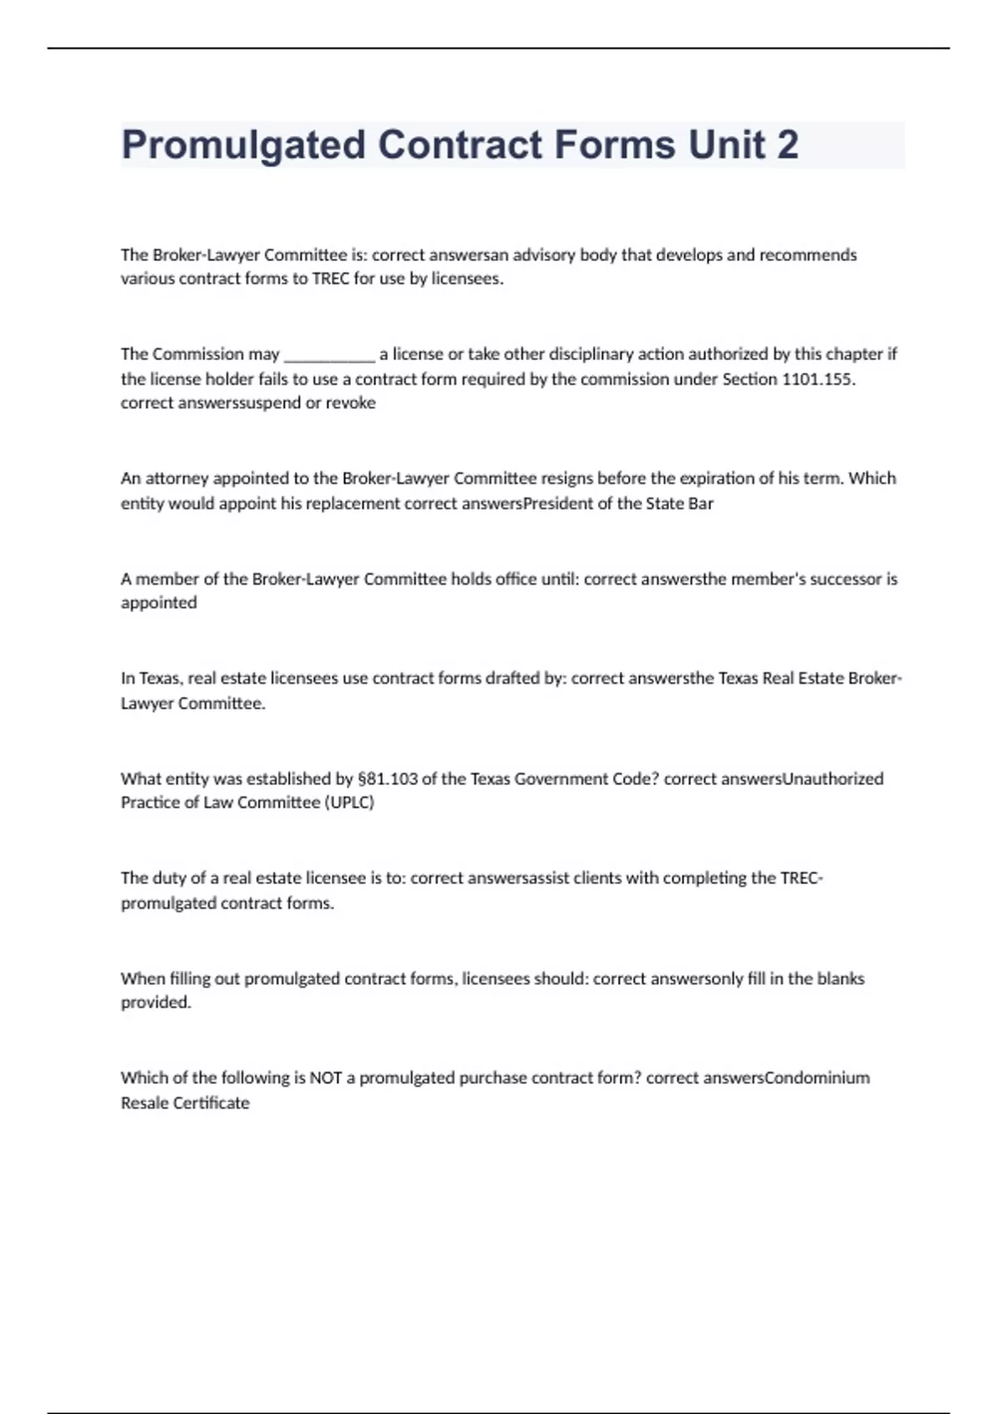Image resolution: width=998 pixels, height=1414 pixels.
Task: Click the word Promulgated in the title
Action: (x=244, y=146)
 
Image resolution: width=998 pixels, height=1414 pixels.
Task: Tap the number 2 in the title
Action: (x=787, y=145)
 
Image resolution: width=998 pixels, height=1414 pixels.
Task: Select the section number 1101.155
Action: (x=818, y=379)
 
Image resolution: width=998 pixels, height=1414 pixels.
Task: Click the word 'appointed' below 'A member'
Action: (x=159, y=603)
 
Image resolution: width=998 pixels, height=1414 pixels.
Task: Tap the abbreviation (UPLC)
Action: (x=349, y=803)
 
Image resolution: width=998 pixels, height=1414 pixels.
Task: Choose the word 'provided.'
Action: (x=156, y=1003)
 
